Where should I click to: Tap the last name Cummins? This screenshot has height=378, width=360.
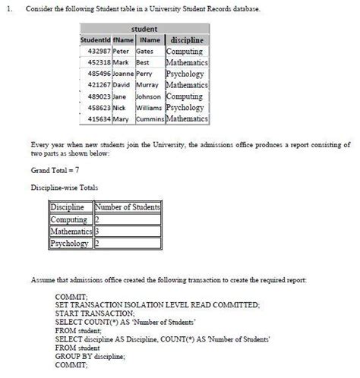coord(150,120)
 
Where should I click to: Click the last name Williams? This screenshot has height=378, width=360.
coord(150,109)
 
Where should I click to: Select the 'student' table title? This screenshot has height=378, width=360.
coord(144,29)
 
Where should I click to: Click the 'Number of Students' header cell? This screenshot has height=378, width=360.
coord(127,207)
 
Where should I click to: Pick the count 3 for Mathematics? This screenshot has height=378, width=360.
coord(97,232)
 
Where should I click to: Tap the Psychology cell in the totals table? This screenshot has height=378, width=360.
coord(69,244)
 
